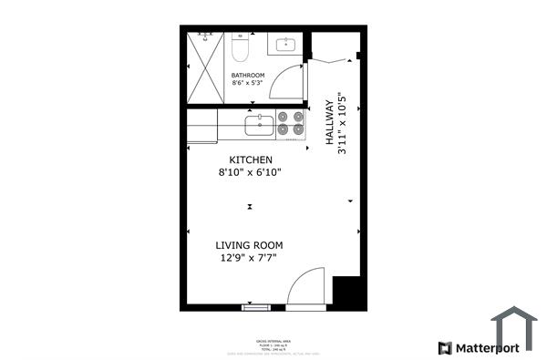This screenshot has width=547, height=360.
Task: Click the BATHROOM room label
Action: (x=248, y=75)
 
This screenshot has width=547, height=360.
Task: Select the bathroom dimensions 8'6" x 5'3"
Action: (x=248, y=84)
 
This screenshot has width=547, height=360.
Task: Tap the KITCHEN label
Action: (x=250, y=159)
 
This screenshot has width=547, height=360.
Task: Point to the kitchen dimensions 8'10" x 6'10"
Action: (x=250, y=172)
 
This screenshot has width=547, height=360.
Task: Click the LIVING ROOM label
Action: (x=249, y=245)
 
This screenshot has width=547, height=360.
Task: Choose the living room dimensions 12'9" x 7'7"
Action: (x=249, y=258)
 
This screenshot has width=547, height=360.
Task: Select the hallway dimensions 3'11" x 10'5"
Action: (x=343, y=122)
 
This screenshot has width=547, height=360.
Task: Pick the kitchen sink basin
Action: (x=260, y=123)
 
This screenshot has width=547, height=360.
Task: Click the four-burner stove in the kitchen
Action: (x=291, y=123)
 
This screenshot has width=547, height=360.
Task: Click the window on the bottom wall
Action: (x=256, y=307)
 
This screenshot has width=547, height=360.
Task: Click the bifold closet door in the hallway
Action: (x=334, y=60)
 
